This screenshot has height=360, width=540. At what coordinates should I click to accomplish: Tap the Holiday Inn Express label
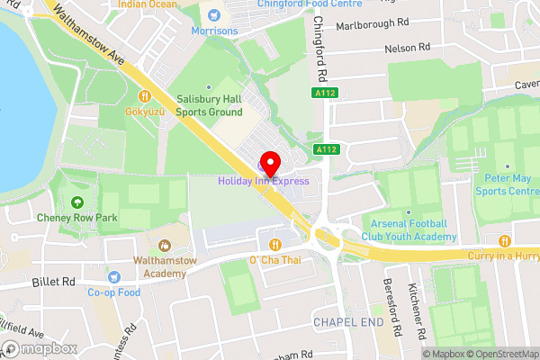click(262, 181)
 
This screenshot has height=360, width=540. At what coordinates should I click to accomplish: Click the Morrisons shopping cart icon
click(214, 14)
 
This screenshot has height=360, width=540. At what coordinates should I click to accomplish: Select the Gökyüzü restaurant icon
click(143, 95)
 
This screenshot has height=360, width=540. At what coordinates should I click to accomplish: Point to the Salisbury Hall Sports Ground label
click(210, 106)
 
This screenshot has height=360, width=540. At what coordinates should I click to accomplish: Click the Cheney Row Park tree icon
click(78, 202)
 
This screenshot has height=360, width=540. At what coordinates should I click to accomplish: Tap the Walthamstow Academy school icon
click(165, 245)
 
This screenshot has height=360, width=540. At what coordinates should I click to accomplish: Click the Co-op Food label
click(114, 292)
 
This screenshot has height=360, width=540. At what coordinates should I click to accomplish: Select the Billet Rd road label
click(54, 282)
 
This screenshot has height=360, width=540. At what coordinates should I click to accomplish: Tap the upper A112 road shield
click(325, 93)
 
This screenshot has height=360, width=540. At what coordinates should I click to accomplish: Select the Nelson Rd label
click(407, 47)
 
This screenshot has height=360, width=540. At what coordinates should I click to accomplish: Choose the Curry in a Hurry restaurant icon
click(504, 240)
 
